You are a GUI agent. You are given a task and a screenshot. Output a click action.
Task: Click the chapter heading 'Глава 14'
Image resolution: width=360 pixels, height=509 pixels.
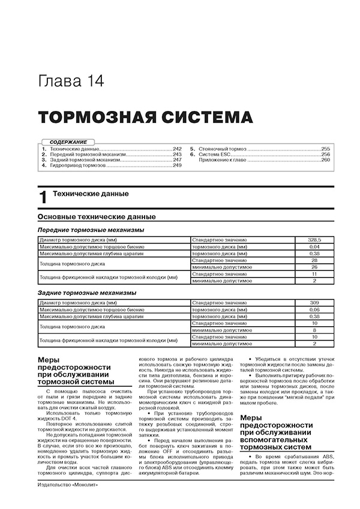point(70,80)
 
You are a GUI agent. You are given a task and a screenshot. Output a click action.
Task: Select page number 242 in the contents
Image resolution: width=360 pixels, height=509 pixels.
point(176,147)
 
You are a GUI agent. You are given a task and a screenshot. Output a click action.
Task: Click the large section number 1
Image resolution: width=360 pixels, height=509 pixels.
point(41,198)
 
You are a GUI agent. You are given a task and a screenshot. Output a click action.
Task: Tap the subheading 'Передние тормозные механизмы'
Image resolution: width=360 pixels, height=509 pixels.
point(91,230)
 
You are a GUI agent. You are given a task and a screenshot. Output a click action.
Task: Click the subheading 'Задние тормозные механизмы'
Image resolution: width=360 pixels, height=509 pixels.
point(86,293)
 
